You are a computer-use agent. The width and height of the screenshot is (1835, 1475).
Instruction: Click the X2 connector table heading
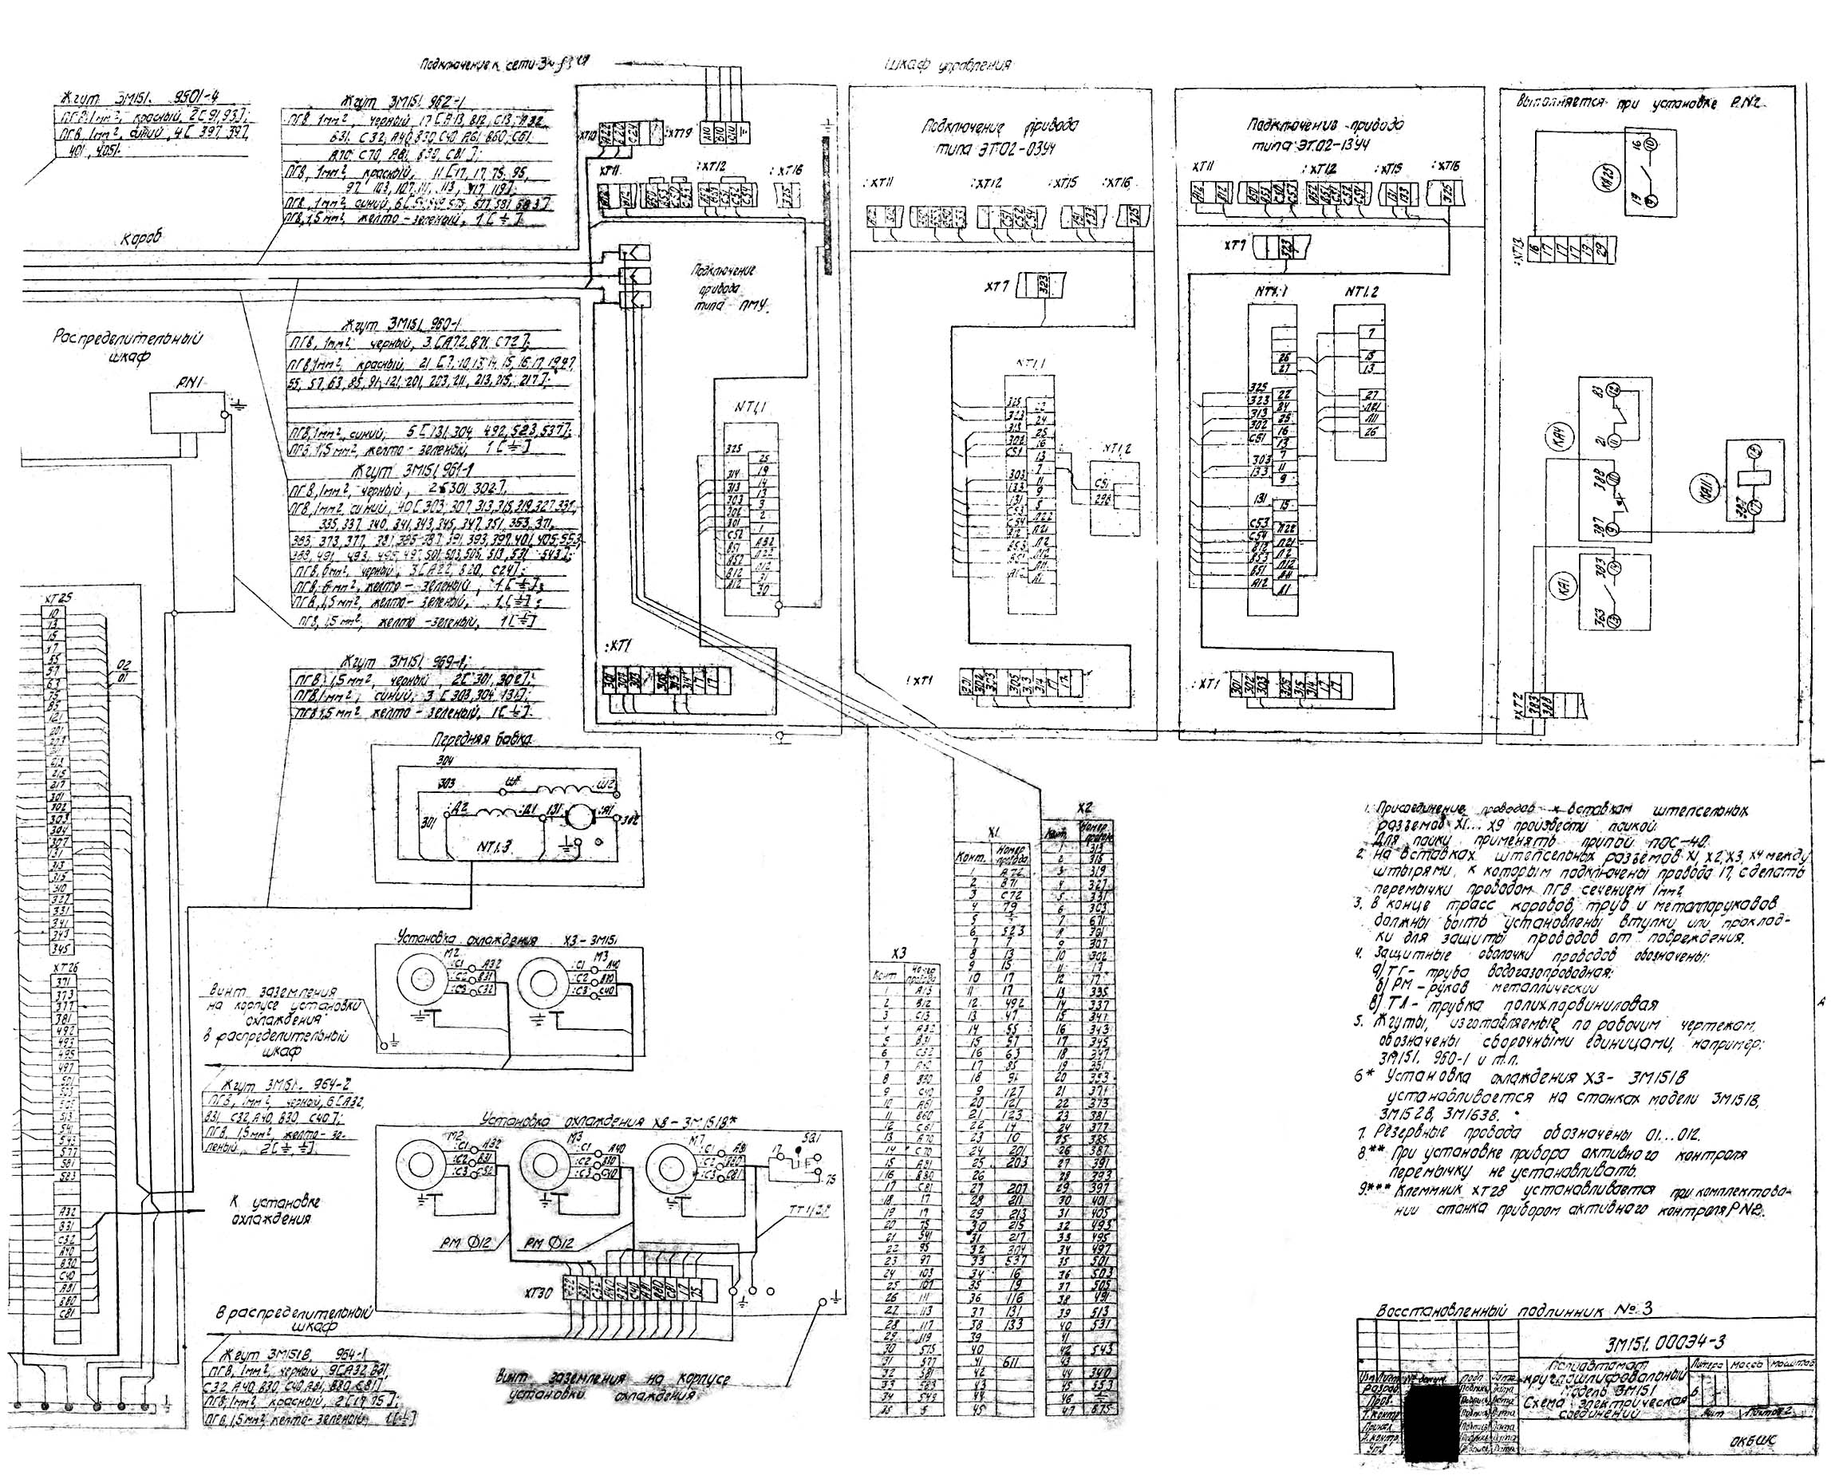[1083, 807]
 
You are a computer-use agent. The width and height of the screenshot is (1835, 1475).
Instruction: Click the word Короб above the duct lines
[139, 240]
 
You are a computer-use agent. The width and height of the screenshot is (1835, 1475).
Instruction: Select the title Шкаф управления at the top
[946, 65]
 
